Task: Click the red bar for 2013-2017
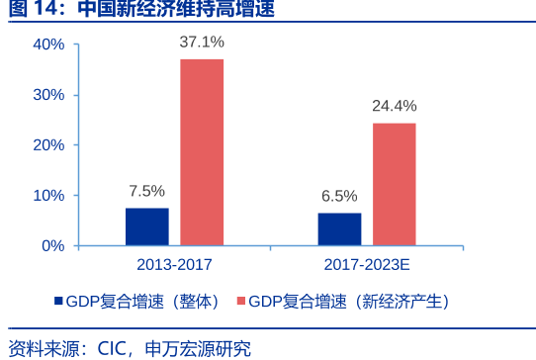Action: tap(202, 151)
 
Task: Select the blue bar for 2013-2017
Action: tap(147, 226)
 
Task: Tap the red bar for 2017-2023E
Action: tap(395, 183)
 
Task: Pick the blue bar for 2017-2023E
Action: tap(340, 228)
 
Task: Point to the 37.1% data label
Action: tap(202, 43)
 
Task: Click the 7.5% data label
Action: tap(147, 191)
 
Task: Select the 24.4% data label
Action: tap(395, 106)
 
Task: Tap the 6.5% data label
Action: tap(340, 196)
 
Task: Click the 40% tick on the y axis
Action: tap(48, 45)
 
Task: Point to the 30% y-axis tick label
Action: tap(48, 95)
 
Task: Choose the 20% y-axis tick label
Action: tap(48, 145)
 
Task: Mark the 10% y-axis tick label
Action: tap(48, 196)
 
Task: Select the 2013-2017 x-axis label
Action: tap(174, 265)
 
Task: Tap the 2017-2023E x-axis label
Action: tap(367, 265)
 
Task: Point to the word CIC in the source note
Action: tap(113, 348)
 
